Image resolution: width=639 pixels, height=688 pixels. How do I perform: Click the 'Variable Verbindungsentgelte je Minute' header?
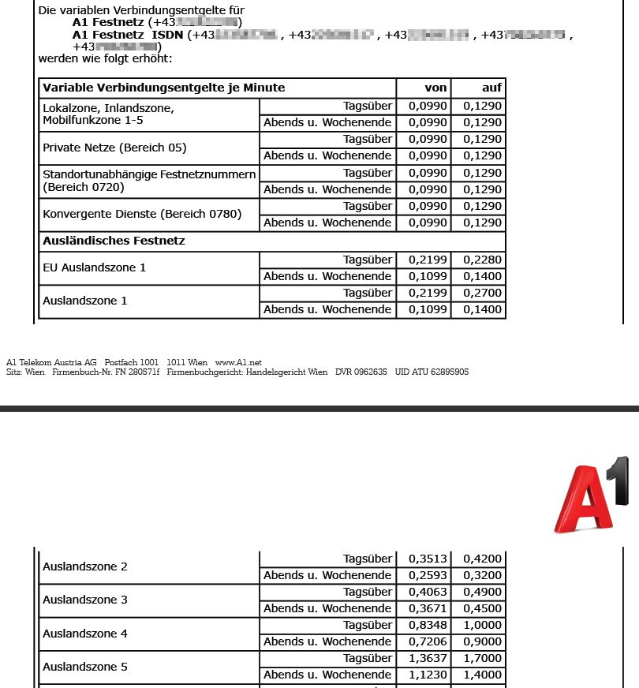[164, 88]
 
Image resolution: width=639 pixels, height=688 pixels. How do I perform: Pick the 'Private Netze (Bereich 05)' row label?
[114, 148]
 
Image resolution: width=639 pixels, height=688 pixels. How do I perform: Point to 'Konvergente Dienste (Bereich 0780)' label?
[142, 214]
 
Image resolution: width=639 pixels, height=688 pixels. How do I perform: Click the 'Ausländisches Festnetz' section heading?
[114, 241]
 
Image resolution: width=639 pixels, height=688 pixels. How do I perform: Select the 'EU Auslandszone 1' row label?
[94, 267]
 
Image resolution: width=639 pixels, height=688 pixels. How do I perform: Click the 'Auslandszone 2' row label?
[85, 566]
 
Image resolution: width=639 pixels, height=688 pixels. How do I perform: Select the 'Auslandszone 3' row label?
[85, 600]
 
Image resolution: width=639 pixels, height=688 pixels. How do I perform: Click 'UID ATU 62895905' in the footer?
[432, 372]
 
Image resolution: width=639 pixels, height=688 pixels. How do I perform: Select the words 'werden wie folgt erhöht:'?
[105, 58]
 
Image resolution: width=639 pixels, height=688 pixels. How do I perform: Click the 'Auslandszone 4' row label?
[85, 634]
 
